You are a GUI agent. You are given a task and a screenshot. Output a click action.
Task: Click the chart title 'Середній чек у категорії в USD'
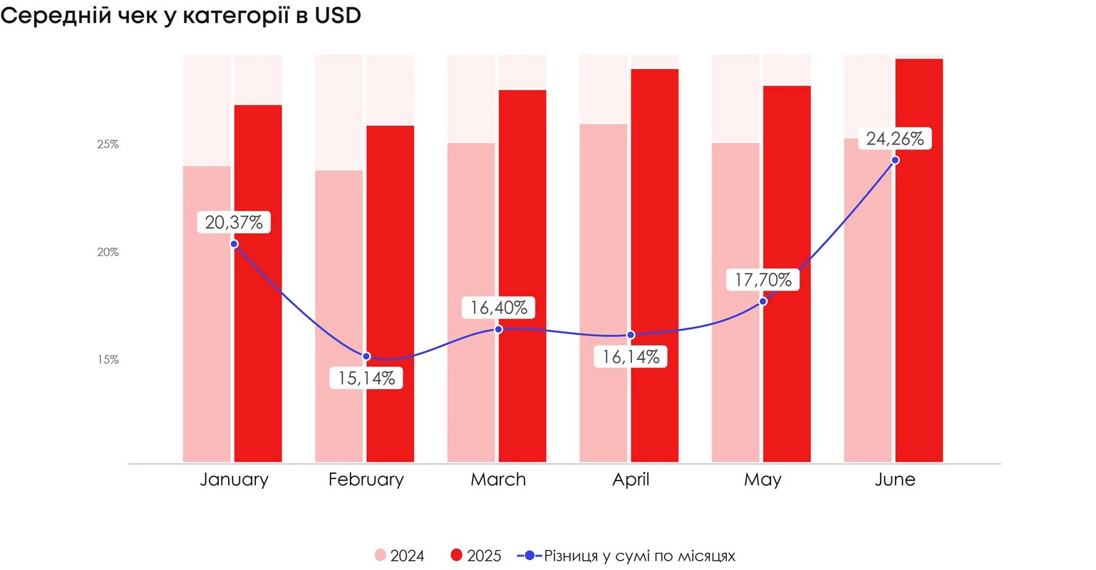181,16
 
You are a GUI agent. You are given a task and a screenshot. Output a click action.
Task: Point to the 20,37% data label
234,222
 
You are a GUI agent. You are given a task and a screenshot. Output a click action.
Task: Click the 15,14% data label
366,378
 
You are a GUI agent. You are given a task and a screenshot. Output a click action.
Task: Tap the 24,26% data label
895,139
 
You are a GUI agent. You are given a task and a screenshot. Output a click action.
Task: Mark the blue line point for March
498,329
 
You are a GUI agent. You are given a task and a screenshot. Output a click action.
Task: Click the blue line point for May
762,301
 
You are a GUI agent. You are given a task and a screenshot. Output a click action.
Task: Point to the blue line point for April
631,335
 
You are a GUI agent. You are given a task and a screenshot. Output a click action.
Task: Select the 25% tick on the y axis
108,145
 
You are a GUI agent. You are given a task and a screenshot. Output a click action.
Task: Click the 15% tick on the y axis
108,360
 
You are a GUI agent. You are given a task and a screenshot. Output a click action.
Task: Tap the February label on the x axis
366,480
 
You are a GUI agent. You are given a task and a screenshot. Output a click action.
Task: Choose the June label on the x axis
895,480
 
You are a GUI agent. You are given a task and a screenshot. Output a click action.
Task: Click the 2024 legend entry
400,556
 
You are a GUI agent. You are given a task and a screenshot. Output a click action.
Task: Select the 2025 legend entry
476,556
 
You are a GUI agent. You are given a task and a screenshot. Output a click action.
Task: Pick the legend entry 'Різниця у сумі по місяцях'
627,556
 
